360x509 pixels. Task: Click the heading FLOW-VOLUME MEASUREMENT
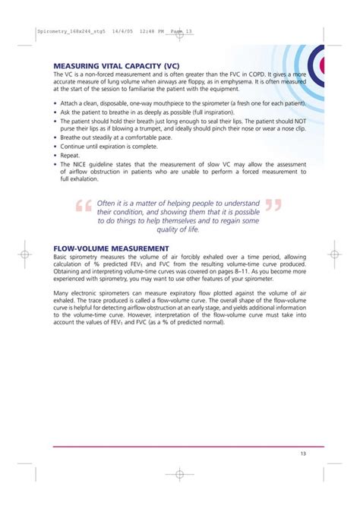point(111,248)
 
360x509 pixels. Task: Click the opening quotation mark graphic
point(84,208)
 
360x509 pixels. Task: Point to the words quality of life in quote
point(177,229)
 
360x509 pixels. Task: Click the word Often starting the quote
point(107,203)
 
